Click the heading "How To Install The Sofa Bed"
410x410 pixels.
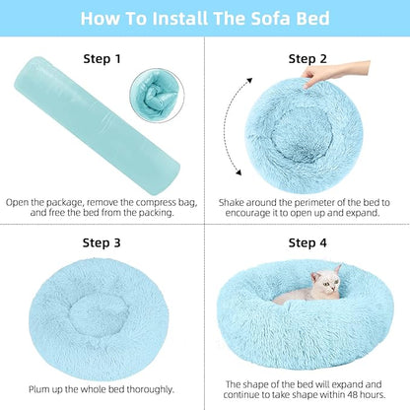pos(205,18)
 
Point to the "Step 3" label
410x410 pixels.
pos(102,242)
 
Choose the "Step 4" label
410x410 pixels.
pos(307,242)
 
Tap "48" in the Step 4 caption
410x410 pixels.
pos(358,396)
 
